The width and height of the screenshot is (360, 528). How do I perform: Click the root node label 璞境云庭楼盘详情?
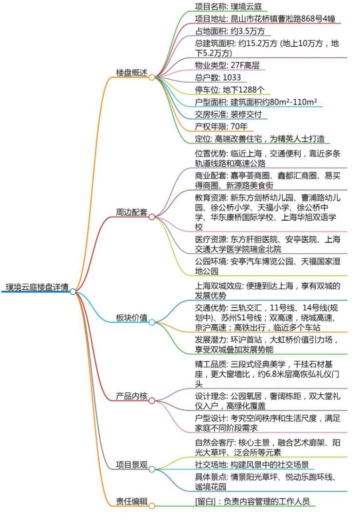tap(37, 287)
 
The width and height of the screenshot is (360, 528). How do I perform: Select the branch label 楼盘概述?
tap(132, 72)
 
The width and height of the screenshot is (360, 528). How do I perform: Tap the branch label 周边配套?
tap(132, 212)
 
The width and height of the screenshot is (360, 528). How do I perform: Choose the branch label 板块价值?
tap(132, 317)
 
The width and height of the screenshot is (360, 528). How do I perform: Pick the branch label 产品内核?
tap(132, 396)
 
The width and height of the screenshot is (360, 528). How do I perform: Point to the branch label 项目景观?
tap(132, 465)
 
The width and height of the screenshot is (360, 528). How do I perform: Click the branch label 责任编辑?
tap(132, 501)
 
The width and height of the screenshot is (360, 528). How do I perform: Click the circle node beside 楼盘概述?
tap(152, 77)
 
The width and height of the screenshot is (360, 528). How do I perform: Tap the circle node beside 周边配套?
tap(152, 217)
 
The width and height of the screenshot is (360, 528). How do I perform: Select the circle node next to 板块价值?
tap(152, 323)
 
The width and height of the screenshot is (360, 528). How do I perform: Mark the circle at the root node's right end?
tap(73, 292)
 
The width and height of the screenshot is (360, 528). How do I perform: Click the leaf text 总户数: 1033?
tap(218, 77)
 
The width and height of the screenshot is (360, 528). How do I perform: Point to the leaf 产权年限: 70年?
tap(221, 126)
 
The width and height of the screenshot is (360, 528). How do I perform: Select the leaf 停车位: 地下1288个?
tap(230, 89)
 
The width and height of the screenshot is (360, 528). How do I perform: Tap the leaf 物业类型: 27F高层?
tap(227, 65)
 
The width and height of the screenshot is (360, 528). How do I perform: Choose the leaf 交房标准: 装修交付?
tap(228, 114)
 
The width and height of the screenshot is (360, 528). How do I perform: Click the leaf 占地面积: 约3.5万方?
tap(230, 31)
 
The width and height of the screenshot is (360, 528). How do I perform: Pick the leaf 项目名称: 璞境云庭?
tap(228, 6)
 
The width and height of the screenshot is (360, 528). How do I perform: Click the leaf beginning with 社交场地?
tap(252, 465)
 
